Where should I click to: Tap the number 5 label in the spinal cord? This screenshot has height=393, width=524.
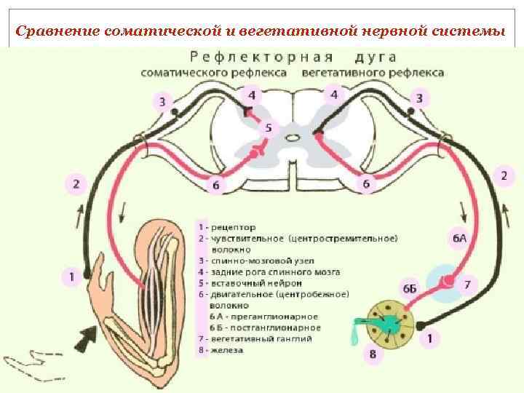coord(269,128)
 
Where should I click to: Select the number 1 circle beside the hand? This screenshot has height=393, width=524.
coord(71,276)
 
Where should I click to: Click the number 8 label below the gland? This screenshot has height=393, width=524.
coord(373,354)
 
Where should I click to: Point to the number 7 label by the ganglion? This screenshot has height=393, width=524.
coord(468,284)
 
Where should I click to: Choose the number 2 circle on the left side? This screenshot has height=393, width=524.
coord(76,183)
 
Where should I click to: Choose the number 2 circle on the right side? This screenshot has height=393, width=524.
coord(504,175)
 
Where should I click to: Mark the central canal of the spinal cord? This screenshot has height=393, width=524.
coord(291,136)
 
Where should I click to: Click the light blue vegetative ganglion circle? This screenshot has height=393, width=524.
coord(445,281)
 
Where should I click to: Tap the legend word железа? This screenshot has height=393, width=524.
coord(227,350)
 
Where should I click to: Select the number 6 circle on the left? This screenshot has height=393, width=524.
coord(215,185)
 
